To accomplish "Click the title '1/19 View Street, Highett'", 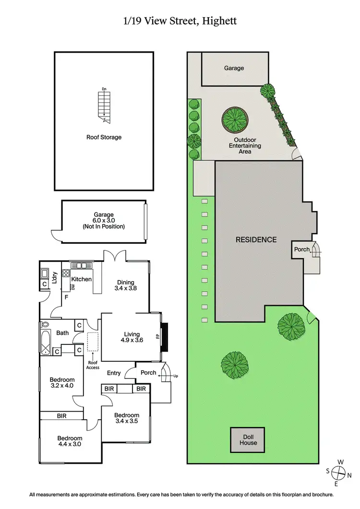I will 180,21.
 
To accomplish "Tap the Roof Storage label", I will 104,137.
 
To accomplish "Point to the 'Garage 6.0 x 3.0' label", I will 104,221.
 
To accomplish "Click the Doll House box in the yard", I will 248,439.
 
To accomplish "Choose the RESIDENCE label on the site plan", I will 256,239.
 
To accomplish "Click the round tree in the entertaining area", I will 235,118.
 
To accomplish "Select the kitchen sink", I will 83,265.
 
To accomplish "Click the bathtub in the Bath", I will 45,340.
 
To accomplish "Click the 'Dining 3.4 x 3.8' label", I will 124,285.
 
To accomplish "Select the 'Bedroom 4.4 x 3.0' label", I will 70,441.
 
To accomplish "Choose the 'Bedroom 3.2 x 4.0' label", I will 62,382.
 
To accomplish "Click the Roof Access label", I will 93,365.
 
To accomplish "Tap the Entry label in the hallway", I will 114,373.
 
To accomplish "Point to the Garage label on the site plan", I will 234,68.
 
